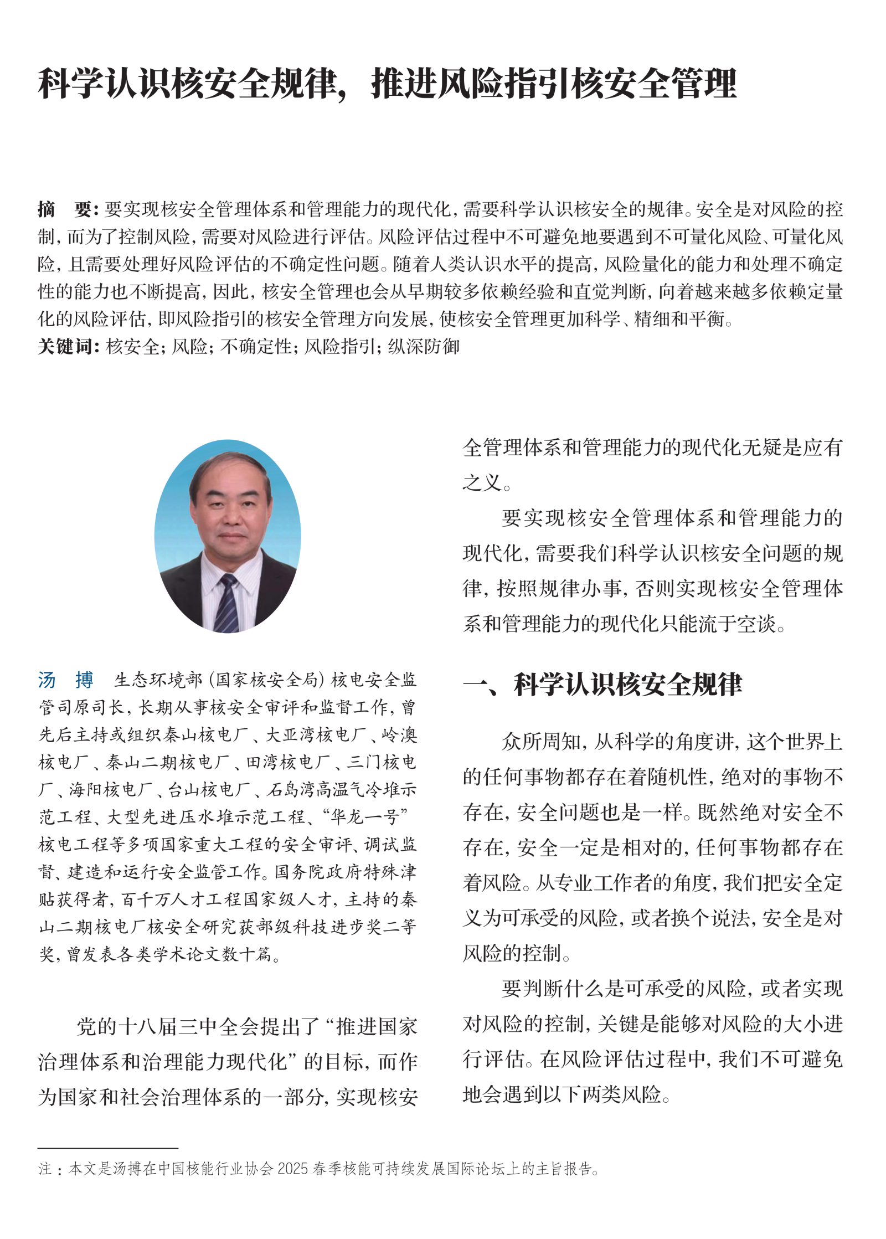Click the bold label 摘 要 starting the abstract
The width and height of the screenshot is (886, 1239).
pos(68,209)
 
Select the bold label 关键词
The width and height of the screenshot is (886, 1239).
pos(68,347)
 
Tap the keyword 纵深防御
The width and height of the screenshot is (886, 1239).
pos(424,347)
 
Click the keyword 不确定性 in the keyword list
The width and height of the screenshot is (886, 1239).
pos(256,347)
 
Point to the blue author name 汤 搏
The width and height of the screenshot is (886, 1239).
pos(66,680)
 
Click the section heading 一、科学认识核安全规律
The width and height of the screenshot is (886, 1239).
pos(602,685)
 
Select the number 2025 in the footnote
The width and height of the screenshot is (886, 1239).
pos(292,1169)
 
